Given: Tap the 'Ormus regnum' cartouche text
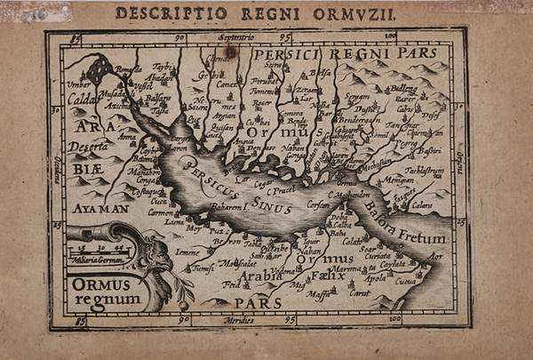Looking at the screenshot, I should click(x=101, y=292).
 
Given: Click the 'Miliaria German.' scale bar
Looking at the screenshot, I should click(x=99, y=254).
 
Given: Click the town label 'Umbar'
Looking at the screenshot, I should click(x=79, y=84).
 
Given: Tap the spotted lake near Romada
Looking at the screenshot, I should click(x=100, y=68).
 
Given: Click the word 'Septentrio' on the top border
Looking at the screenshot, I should click(x=233, y=38).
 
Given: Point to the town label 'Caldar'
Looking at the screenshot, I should click(x=82, y=99).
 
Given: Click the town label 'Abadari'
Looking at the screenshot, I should click(x=163, y=76).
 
